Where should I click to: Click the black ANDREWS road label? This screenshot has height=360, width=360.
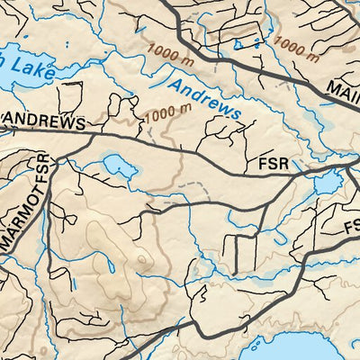(x=45, y=121)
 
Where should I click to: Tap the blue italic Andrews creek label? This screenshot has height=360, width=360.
(x=206, y=99)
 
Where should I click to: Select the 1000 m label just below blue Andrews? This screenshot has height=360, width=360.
(x=168, y=113)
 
